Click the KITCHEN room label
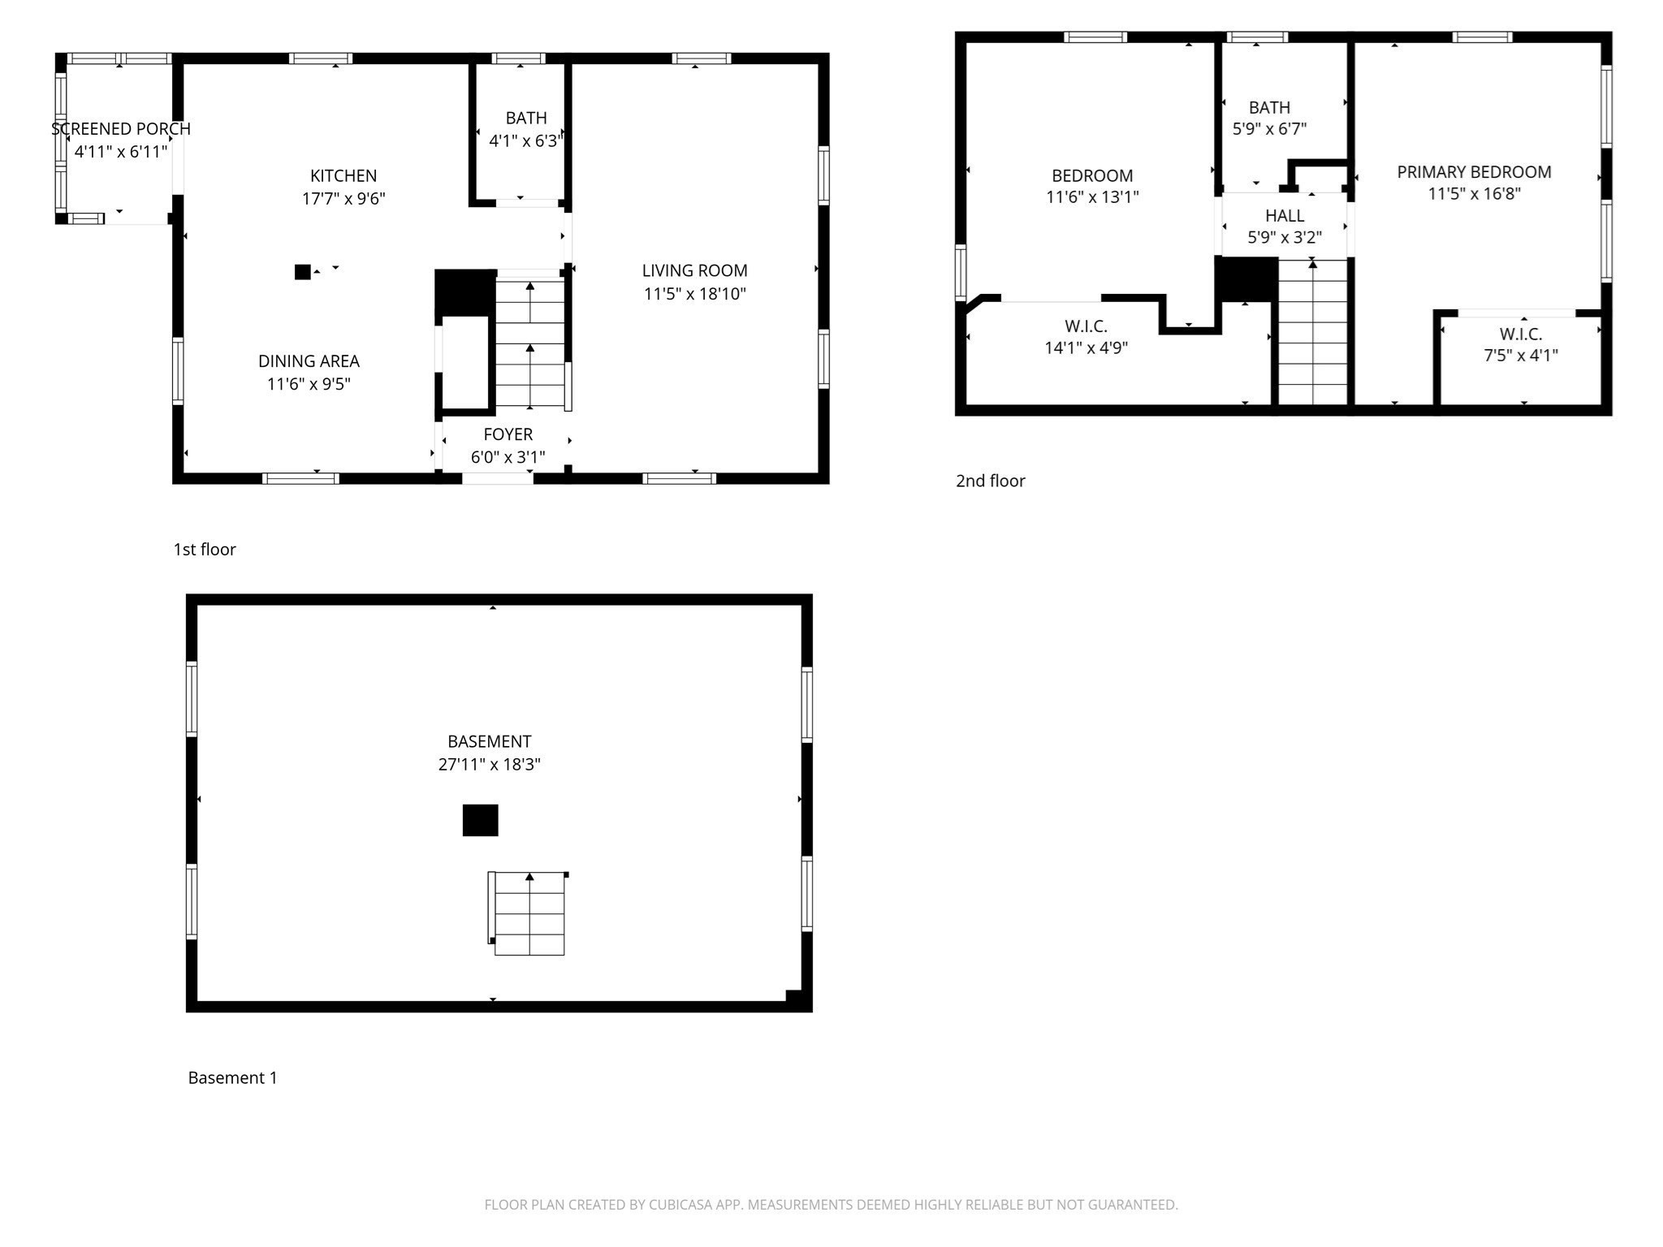(343, 176)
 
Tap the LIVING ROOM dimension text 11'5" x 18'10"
(694, 294)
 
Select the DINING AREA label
(309, 361)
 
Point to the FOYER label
(508, 434)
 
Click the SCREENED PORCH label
(121, 129)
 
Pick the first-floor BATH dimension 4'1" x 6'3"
(525, 141)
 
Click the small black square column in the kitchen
(303, 272)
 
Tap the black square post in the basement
(480, 820)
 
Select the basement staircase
(529, 914)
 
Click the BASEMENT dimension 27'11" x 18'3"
(489, 765)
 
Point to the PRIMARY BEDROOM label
(1474, 172)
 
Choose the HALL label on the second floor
(1285, 216)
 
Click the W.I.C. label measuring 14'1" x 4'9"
(1086, 326)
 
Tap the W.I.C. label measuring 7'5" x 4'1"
(1520, 334)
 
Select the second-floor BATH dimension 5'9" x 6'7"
(1269, 129)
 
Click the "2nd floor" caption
(990, 481)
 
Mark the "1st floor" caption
(205, 550)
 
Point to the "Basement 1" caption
(232, 1078)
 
